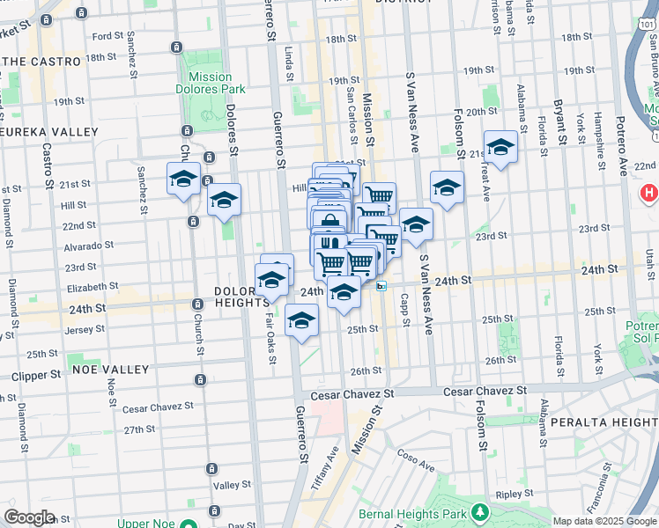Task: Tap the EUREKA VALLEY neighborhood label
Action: [49, 131]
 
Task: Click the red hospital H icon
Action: [649, 192]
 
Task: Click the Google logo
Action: [29, 517]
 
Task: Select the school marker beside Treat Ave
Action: [500, 148]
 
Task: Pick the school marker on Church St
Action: [184, 179]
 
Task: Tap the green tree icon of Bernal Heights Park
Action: [479, 511]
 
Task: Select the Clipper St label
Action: [36, 375]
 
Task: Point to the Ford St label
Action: [107, 36]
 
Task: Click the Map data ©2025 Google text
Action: [603, 520]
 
